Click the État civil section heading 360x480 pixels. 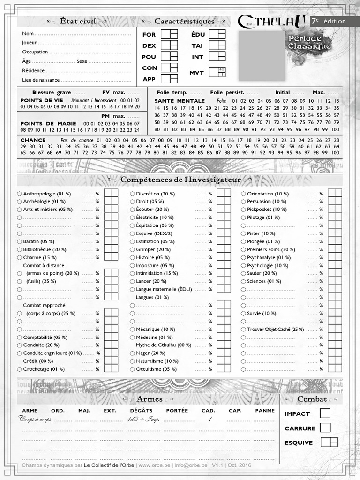[78, 21]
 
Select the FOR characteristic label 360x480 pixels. [149, 35]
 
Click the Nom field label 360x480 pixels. [28, 34]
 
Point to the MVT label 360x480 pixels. [196, 73]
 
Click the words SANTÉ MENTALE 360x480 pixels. [180, 101]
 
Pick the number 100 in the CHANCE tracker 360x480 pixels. [335, 152]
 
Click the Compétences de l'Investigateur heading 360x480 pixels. [180, 180]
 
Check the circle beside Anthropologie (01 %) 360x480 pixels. [19, 194]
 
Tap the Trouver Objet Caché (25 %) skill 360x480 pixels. [275, 329]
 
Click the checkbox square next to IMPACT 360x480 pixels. [325, 413]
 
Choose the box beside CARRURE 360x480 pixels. [325, 427]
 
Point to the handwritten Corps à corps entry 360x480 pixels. [35, 420]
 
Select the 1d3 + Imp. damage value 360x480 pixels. [143, 420]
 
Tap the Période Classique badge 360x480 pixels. [310, 42]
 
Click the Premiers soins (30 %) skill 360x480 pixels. [271, 249]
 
